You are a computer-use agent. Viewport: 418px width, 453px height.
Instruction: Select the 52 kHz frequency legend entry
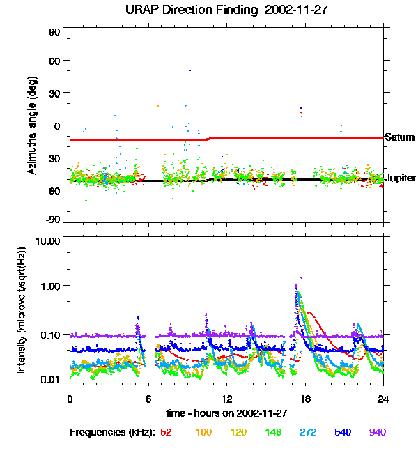(x=166, y=432)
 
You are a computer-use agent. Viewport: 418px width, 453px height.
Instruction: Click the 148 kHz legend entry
(x=274, y=432)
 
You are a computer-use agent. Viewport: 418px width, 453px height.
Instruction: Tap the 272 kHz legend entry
(x=309, y=432)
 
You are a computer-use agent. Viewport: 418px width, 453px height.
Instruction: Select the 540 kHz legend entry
(x=343, y=432)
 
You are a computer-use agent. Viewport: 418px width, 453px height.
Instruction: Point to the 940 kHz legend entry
(x=377, y=432)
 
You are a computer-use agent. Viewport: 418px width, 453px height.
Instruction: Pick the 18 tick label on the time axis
(x=304, y=399)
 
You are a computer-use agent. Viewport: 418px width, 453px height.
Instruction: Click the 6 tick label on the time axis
(x=148, y=399)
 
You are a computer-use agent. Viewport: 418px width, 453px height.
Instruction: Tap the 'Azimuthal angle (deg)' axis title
(x=31, y=126)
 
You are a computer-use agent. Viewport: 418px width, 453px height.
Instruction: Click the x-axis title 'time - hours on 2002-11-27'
(x=227, y=413)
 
